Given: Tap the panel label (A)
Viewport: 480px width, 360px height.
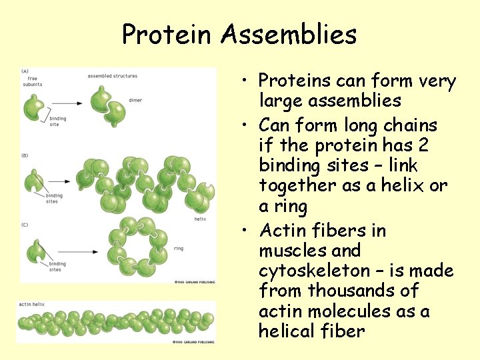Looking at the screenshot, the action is click(x=25, y=71).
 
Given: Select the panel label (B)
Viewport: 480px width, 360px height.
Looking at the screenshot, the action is click(x=25, y=155).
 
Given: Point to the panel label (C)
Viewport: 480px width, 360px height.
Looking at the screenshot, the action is click(x=25, y=225).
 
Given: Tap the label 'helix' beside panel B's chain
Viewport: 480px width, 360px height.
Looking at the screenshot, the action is click(x=199, y=218).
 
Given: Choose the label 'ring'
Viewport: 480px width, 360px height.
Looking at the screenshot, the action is click(x=178, y=248).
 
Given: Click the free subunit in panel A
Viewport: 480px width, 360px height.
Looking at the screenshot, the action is click(x=34, y=105).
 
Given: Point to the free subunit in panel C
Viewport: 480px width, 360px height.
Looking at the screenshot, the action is click(x=35, y=251).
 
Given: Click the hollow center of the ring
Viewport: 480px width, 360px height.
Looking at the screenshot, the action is click(x=140, y=246).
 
